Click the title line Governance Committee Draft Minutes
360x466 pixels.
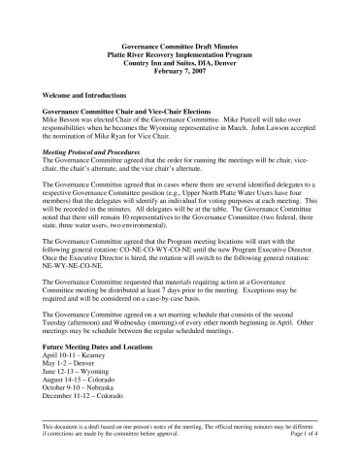(180, 46)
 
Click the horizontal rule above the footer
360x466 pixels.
(180, 443)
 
